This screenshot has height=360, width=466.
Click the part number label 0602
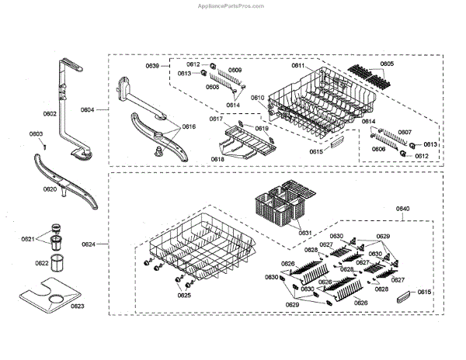(50, 115)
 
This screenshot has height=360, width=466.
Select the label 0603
(36, 134)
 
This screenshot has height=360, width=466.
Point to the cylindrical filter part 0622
(57, 261)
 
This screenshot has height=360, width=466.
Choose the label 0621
(28, 239)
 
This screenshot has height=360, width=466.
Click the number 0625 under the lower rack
(183, 296)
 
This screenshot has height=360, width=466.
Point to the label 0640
(404, 209)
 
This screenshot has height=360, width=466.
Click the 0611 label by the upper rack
(298, 66)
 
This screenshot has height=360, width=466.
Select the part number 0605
(387, 64)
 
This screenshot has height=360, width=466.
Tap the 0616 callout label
(189, 126)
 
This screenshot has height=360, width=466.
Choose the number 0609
(235, 71)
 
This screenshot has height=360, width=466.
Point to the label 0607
(405, 133)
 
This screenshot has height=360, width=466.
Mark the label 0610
(258, 98)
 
